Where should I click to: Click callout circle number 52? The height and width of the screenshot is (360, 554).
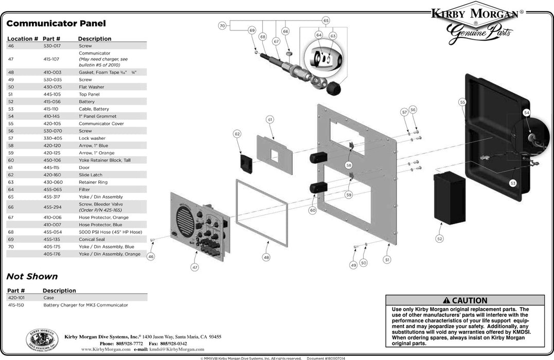[439, 238]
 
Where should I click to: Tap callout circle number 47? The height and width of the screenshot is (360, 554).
[194, 267]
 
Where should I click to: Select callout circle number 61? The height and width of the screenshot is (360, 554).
[269, 119]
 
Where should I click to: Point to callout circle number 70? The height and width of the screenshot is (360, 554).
[222, 25]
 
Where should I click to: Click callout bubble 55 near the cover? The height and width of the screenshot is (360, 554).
[462, 103]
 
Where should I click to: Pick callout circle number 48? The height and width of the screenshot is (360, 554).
[266, 257]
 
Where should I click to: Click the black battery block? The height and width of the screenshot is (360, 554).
[449, 197]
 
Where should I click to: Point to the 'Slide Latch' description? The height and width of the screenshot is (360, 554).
[91, 174]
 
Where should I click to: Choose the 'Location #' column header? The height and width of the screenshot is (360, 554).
[23, 39]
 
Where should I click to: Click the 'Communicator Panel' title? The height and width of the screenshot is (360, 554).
[56, 23]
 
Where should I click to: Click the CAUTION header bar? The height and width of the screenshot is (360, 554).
[464, 300]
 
